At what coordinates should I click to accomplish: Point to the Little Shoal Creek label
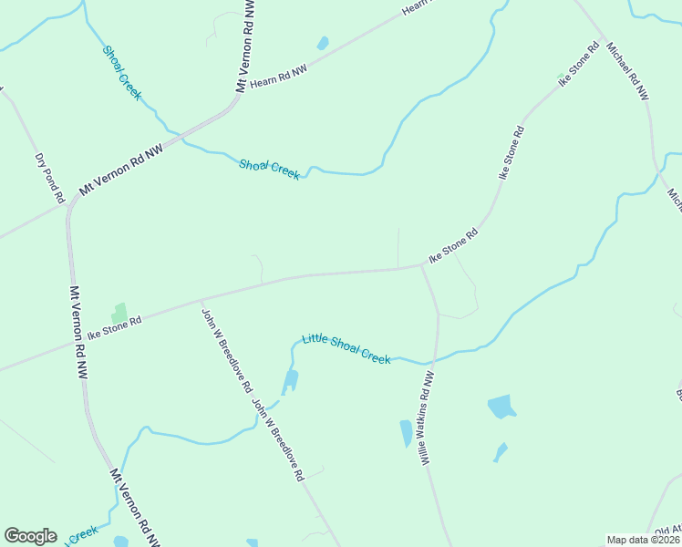(346, 348)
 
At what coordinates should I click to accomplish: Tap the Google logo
(30, 536)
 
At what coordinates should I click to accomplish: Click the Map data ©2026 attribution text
(643, 540)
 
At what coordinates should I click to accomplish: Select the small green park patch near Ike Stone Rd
(118, 313)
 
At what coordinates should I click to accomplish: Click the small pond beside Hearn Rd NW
(322, 43)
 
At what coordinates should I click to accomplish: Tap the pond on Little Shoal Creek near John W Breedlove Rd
(290, 380)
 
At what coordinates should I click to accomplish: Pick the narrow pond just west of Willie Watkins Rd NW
(406, 433)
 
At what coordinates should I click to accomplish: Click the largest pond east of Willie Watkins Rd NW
(501, 407)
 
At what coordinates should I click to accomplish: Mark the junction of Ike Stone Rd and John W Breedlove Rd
(201, 299)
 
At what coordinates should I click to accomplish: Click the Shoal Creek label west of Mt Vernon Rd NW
(122, 73)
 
